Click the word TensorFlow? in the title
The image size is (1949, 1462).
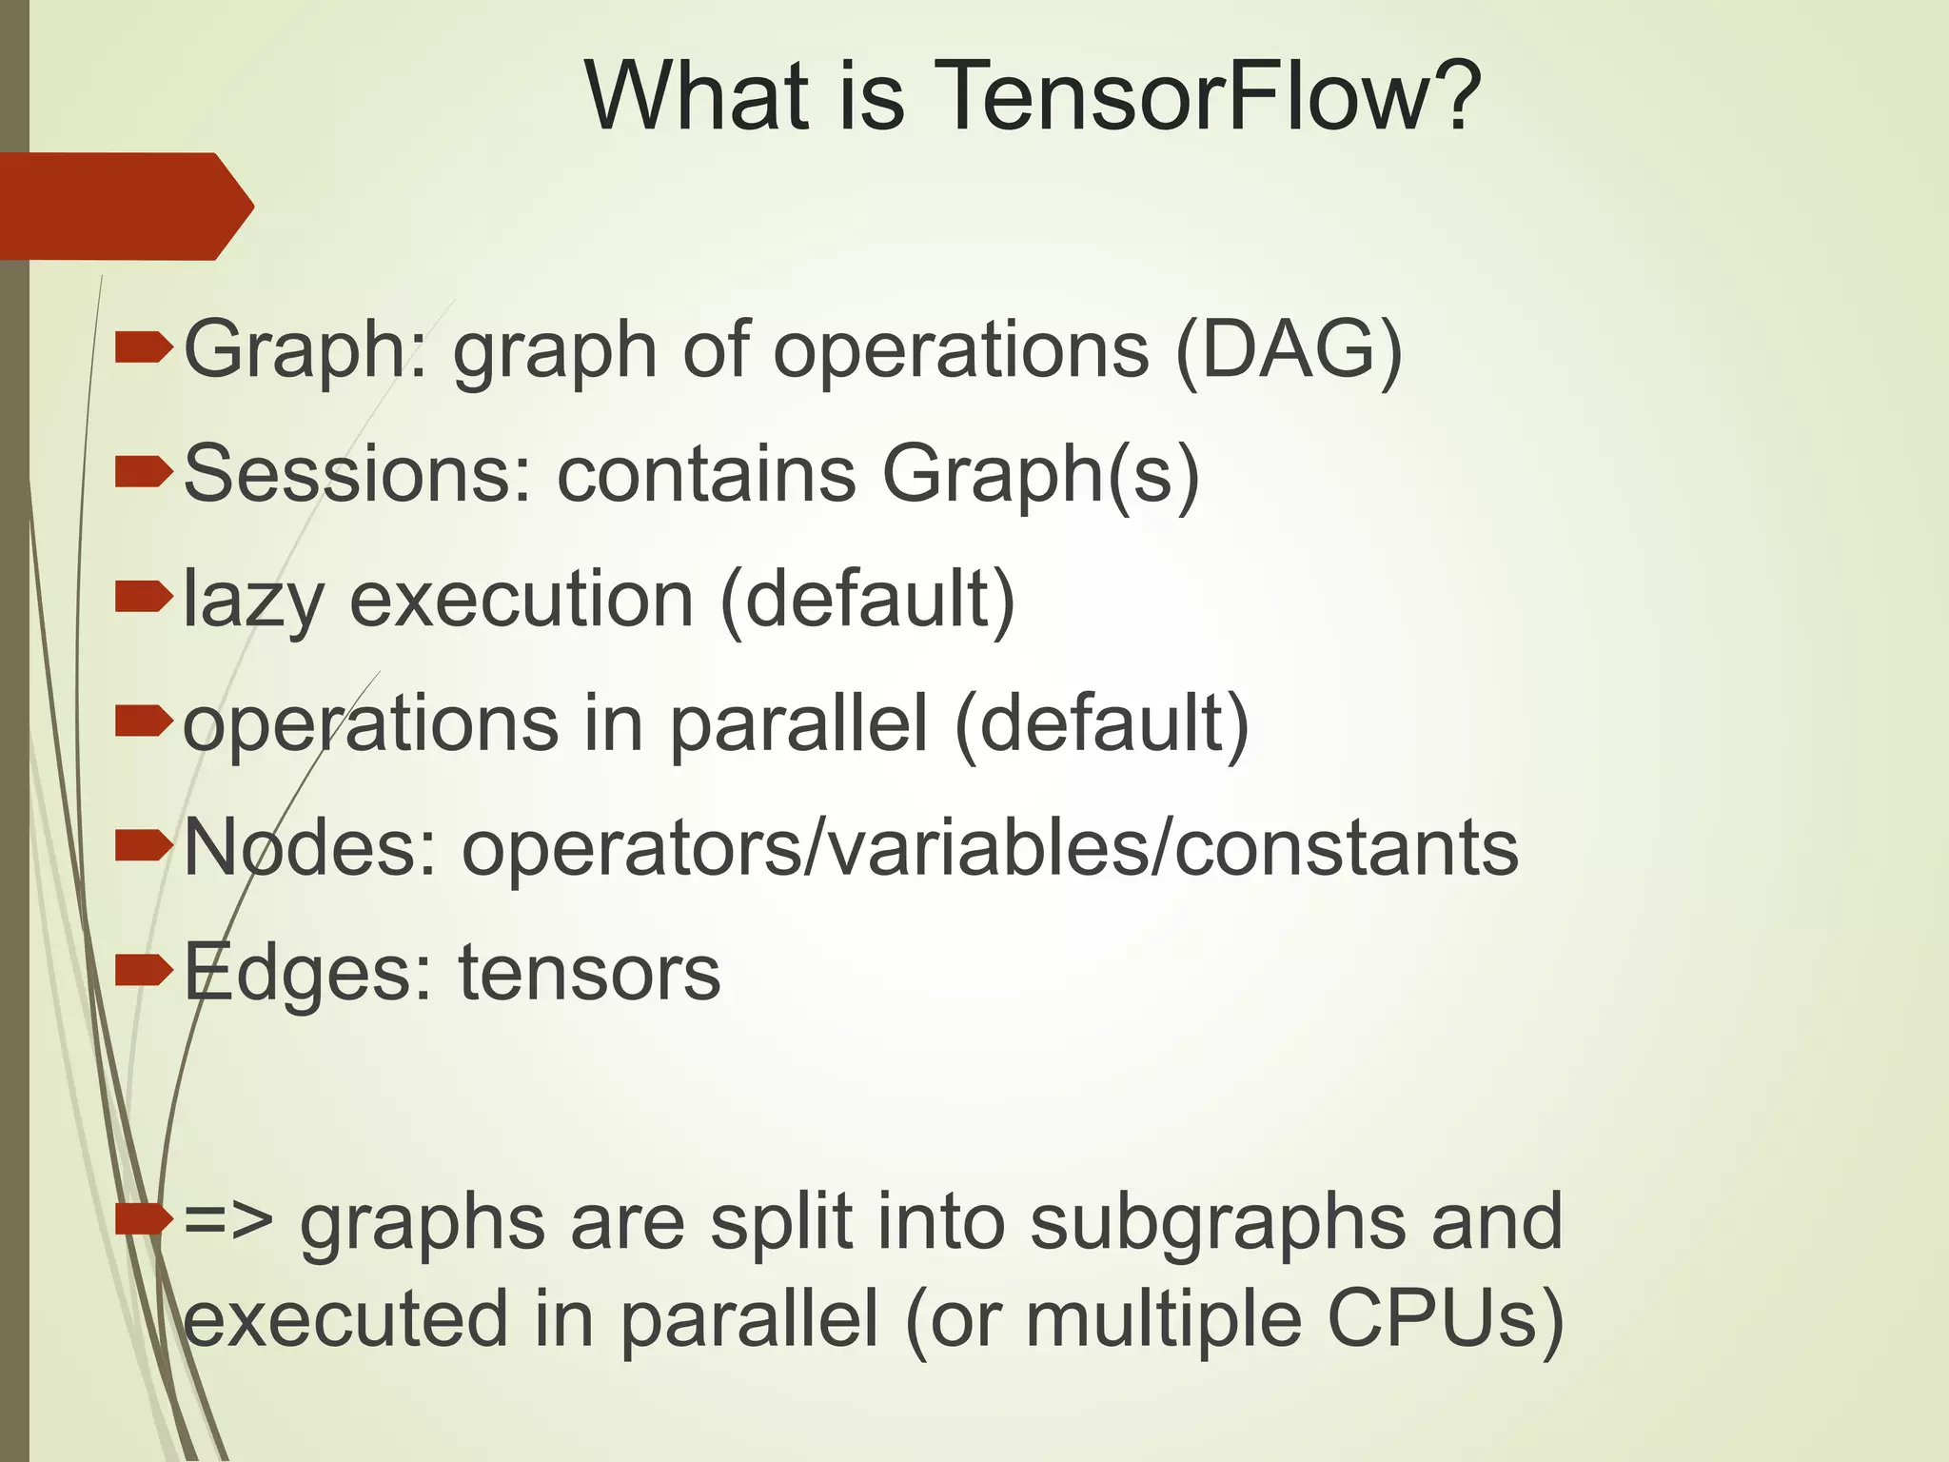(1209, 97)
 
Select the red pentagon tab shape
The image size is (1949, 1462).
(124, 206)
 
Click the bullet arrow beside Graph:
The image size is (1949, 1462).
(143, 348)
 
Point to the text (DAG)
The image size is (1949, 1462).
(1289, 350)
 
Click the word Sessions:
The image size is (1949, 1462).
(357, 474)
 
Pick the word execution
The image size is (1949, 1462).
(522, 600)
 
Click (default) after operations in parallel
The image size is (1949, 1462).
(1101, 724)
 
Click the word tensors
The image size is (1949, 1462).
(590, 973)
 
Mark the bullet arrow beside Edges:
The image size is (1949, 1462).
(143, 971)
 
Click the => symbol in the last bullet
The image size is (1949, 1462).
(228, 1222)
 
